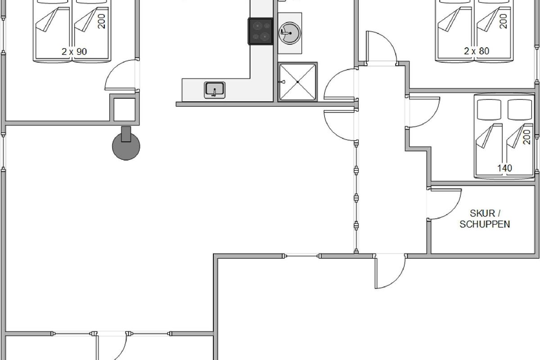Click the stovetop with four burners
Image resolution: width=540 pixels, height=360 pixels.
coord(260,31)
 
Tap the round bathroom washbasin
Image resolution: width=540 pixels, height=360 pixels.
coord(288,31)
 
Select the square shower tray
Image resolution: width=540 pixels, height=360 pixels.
coord(297,82)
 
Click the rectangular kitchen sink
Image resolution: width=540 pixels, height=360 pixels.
coord(215,90)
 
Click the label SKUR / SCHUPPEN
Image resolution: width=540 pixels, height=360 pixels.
coord(485,218)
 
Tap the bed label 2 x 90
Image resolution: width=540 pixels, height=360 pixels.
coord(74,51)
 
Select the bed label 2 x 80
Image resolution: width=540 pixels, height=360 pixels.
coord(477,51)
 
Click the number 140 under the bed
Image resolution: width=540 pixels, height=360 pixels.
coord(504,168)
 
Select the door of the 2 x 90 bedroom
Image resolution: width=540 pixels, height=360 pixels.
coord(121,76)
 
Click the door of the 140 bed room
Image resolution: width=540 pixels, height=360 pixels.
coord(423,112)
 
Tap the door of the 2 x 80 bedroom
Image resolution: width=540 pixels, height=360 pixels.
coord(382,47)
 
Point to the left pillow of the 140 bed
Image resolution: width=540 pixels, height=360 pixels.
coord(489,108)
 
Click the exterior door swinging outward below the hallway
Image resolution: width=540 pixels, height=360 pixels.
coord(390,272)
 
